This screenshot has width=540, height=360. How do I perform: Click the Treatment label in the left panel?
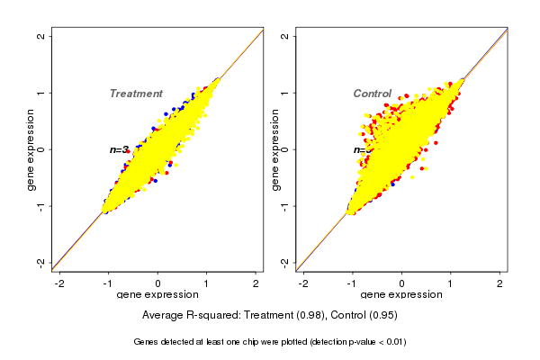[x=136, y=94]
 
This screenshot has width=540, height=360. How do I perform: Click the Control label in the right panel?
[x=372, y=94]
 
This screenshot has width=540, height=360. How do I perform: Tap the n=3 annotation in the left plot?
[x=120, y=149]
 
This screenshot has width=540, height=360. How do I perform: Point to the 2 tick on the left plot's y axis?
[x=41, y=36]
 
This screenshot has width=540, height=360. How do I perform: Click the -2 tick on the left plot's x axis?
[x=59, y=283]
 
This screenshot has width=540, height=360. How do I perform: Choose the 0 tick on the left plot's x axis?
[x=158, y=283]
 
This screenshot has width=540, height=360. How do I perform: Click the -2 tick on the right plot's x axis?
[x=303, y=283]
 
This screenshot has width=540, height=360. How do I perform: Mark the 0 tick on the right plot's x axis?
[x=402, y=283]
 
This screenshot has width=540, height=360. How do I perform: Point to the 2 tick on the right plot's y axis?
[x=285, y=36]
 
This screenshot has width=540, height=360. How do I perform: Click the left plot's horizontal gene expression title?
[x=157, y=295]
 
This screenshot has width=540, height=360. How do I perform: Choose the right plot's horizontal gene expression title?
[x=401, y=295]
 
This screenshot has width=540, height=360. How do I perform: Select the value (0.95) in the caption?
[x=382, y=316]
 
